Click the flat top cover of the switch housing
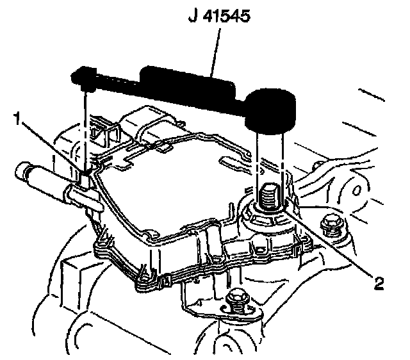pyautogui.click(x=173, y=186)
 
